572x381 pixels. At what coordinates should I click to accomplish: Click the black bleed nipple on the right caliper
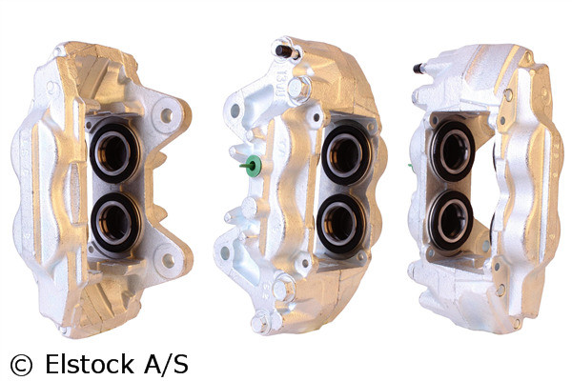(x=419, y=68)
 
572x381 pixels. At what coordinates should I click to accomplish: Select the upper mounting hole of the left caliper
(x=167, y=115)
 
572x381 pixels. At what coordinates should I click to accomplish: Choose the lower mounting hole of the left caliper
(x=169, y=259)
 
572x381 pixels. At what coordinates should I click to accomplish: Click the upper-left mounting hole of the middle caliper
(x=235, y=111)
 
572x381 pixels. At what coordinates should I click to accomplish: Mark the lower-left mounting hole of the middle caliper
(x=226, y=252)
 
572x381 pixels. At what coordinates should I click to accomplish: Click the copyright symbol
(x=20, y=364)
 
